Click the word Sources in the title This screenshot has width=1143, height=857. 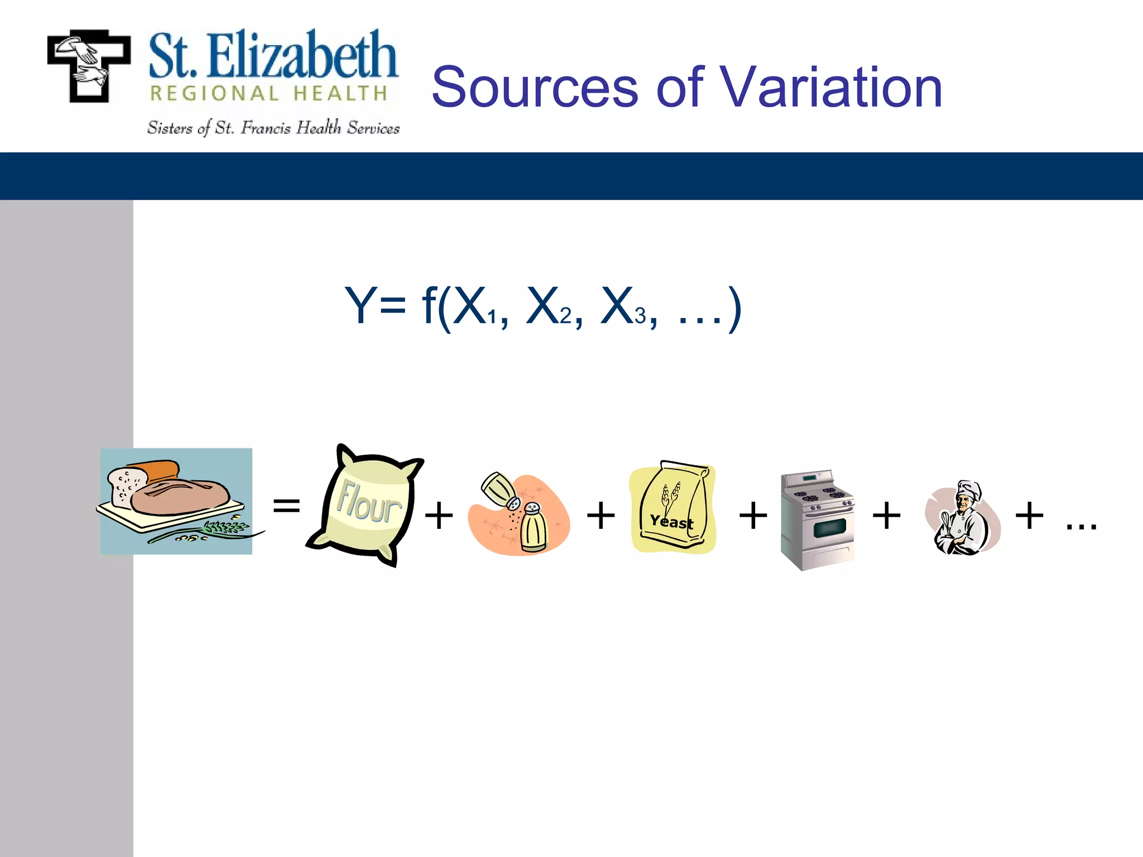[535, 88]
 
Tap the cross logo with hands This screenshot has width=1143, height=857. [89, 66]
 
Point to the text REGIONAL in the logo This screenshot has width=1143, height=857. [214, 94]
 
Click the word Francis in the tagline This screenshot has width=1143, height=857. [266, 128]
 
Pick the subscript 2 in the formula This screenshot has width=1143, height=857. [566, 316]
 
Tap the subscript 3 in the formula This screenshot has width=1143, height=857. [640, 316]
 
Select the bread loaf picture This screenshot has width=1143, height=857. [176, 500]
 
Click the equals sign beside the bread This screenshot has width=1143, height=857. [286, 506]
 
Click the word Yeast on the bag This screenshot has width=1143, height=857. [671, 522]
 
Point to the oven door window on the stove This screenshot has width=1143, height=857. [829, 527]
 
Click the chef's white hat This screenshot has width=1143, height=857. [969, 489]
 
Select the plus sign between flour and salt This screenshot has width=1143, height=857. [439, 515]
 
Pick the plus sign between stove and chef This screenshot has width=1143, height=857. [886, 515]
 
